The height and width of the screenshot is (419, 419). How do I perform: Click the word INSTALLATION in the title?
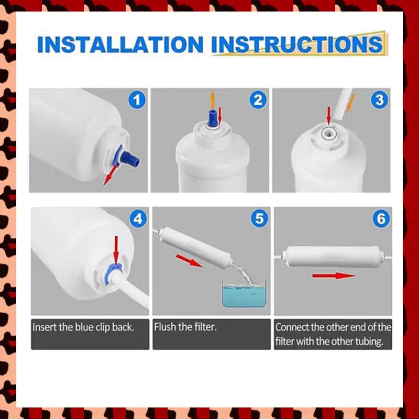[x=120, y=45]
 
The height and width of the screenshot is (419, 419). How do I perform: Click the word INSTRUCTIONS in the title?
[x=297, y=45]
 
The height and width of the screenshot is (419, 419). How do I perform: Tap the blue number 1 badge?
[x=137, y=100]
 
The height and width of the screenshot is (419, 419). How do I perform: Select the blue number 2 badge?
[x=258, y=100]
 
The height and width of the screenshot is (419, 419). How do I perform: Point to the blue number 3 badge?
[x=380, y=100]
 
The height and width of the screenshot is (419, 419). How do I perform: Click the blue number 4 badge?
[x=138, y=218]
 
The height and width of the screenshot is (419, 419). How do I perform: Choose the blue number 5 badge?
[x=259, y=218]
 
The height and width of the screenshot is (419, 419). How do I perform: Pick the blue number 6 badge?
[x=381, y=218]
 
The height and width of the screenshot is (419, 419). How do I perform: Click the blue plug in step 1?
[x=129, y=158]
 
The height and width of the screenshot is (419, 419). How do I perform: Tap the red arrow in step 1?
[x=110, y=175]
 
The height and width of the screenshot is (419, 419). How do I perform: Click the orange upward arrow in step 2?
[x=213, y=100]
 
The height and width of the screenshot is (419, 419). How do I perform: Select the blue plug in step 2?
[x=213, y=117]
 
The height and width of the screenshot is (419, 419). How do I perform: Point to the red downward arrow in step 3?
[x=329, y=115]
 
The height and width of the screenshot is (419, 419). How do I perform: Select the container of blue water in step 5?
[x=244, y=294]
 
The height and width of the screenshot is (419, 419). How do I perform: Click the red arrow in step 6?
[x=334, y=276]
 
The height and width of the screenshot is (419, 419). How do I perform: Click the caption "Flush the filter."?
[x=185, y=327]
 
